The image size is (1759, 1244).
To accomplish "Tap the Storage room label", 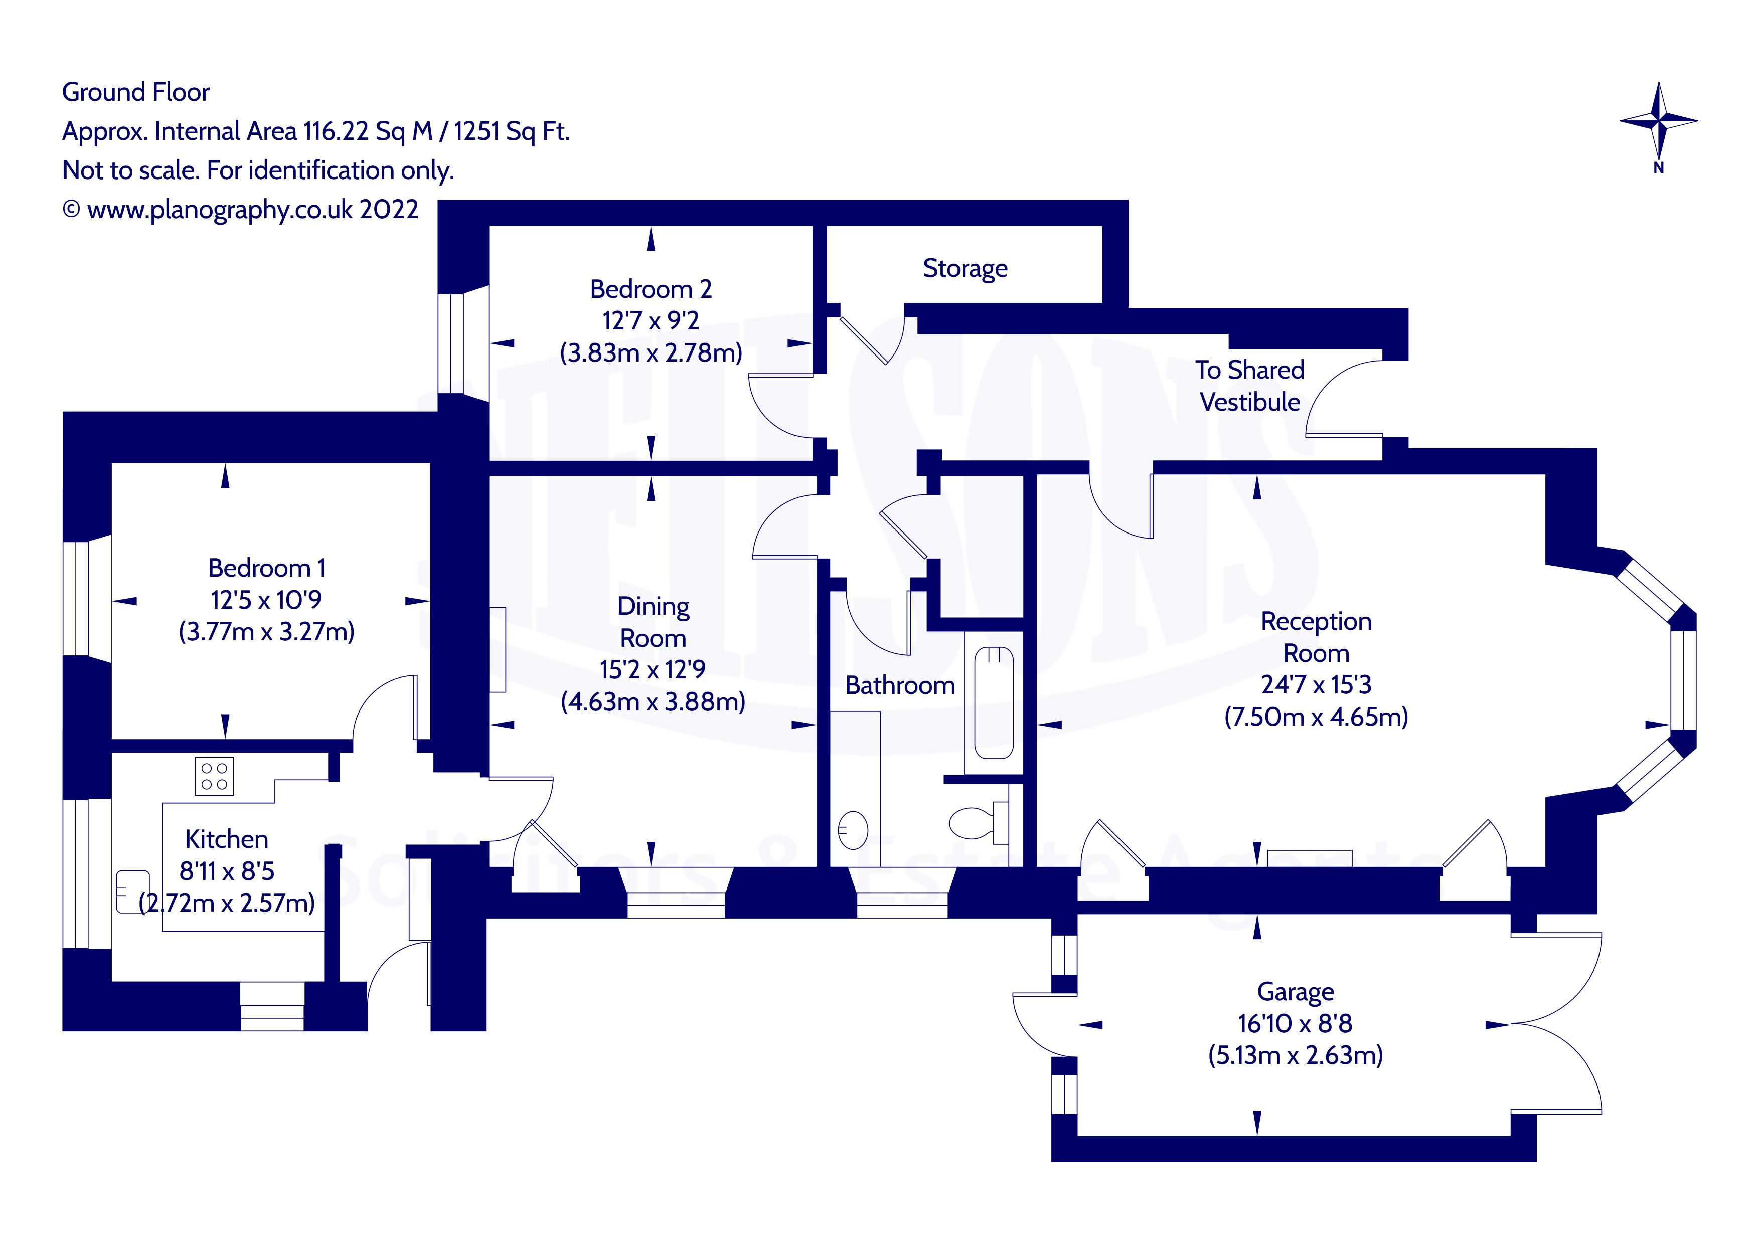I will pos(965,268).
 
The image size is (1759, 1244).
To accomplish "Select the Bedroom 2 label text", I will pos(651,289).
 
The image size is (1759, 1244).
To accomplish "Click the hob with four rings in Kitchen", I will pos(214,776).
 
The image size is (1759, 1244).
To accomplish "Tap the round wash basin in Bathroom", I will pos(853,830).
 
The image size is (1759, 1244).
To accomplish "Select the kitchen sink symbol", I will pos(132,891).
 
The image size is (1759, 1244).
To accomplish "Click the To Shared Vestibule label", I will pos(1249,385).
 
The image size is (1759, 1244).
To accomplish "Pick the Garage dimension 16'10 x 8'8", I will pos(1295,1023).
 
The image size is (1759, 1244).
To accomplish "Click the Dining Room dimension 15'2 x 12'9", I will pos(652,669).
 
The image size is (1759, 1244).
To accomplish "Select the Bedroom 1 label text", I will pos(267,568).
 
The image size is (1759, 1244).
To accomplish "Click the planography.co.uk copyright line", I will pos(241,209).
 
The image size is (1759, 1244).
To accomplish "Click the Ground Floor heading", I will pos(135,92).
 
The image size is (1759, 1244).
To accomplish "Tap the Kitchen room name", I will pos(227,839).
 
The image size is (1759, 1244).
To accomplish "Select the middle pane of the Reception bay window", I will pos(1683,679).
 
